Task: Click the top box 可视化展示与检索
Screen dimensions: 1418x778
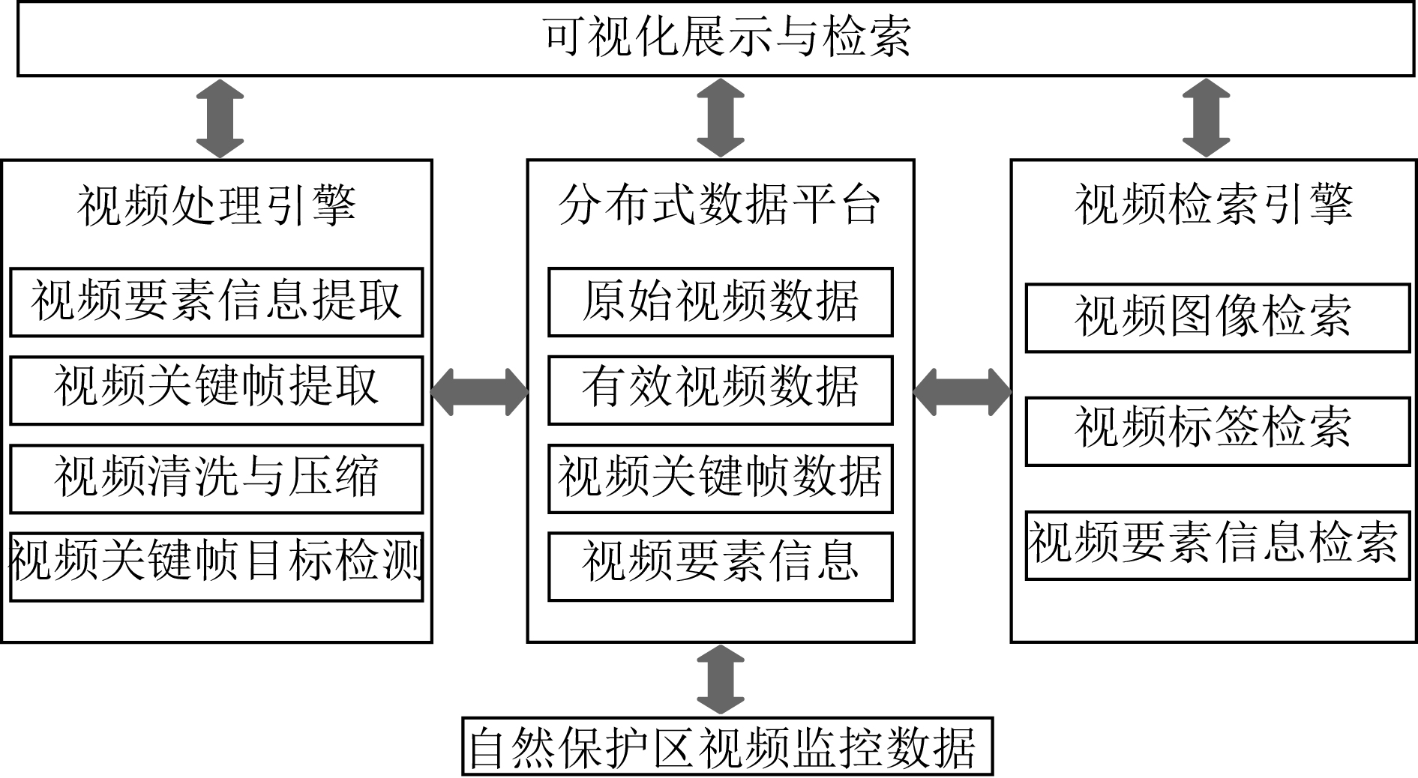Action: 715,38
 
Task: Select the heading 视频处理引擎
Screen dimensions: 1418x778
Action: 217,205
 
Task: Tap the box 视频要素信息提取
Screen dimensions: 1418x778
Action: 217,302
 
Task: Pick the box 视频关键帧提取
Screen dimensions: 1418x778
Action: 217,390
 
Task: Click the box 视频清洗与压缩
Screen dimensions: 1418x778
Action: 217,479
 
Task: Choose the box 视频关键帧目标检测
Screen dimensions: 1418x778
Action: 217,567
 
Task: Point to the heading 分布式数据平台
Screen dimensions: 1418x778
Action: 720,205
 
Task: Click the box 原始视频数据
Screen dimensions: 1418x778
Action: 721,302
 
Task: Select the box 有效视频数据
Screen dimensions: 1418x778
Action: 721,390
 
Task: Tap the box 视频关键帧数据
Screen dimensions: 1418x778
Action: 721,479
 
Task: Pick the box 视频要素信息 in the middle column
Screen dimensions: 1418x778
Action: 721,567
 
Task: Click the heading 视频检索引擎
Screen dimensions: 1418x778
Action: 1214,205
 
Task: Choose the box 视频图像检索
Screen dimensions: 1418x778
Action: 1218,318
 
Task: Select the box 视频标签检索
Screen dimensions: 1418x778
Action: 1218,431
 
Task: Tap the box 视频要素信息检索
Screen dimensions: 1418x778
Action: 1218,545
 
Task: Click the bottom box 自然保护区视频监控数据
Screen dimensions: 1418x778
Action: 727,747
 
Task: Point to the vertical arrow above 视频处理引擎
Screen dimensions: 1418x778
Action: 220,118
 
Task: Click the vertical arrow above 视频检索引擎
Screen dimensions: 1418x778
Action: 1206,118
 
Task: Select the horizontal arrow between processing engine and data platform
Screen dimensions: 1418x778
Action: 480,391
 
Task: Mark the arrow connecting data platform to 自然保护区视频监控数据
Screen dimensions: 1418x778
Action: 721,679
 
